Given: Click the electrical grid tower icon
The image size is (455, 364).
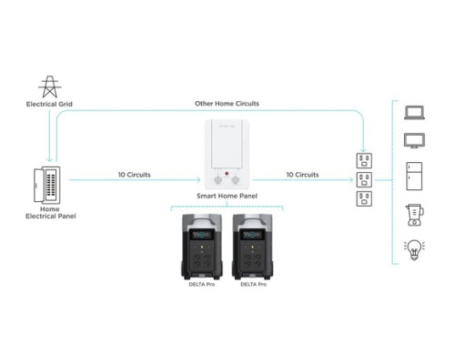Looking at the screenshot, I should [48, 86].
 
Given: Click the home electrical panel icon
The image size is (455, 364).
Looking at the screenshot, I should [45, 184].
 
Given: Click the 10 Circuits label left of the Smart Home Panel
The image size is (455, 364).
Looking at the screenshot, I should [134, 173].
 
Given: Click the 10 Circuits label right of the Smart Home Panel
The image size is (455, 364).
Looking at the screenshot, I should [302, 173].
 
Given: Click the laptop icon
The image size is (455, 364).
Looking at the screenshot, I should [416, 113].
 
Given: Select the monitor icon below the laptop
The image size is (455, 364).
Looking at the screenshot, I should [416, 141].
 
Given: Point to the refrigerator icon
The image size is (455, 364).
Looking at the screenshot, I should [416, 176].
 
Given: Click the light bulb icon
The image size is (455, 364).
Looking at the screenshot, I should [416, 248].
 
